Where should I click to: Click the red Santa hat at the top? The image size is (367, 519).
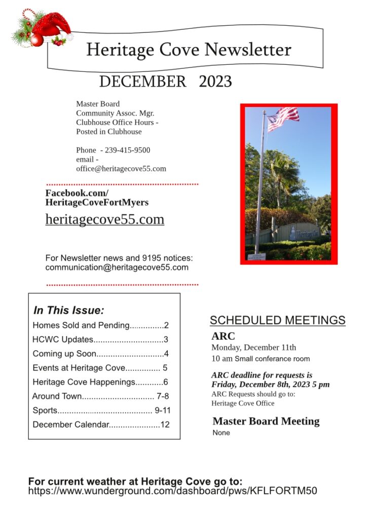point(51,25)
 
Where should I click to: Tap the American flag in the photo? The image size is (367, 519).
point(283,118)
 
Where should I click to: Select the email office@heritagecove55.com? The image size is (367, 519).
point(121,169)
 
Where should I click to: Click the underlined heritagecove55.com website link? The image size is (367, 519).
point(105,219)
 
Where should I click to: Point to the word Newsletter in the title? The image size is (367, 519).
point(248,50)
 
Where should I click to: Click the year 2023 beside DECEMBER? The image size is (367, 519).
point(215,82)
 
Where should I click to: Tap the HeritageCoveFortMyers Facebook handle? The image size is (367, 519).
point(97,203)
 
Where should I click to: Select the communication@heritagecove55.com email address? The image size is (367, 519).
point(117,267)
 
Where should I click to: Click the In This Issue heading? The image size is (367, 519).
point(68,310)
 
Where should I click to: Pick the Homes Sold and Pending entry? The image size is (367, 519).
point(100,325)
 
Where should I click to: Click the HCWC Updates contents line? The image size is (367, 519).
point(100,340)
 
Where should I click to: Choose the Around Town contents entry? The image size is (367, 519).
point(100,396)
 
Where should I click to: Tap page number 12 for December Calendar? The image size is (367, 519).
point(165,425)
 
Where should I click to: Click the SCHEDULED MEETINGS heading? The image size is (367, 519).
point(278,320)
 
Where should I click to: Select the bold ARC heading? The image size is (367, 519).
point(223,336)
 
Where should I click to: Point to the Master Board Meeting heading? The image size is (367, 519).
point(266,421)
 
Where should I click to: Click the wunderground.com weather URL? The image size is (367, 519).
point(173,491)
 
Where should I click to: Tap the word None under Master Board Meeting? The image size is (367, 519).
point(221,433)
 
